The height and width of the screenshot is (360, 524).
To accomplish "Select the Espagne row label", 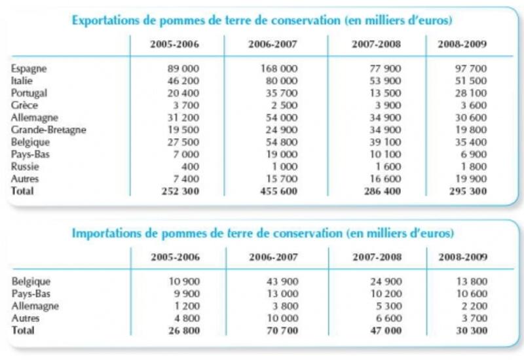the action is (29, 69).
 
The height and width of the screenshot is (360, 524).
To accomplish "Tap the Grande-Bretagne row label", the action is (48, 130).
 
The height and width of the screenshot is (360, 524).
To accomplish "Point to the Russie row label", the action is (25, 166).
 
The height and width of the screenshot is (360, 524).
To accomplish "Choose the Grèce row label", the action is (24, 105).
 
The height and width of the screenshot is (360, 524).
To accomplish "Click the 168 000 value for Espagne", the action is (279, 69).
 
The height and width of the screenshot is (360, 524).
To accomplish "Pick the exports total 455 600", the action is (279, 191).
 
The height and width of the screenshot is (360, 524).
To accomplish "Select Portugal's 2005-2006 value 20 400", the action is (183, 93).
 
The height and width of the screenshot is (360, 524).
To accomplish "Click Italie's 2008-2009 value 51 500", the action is (471, 81).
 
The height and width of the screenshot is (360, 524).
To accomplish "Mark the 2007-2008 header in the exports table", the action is (376, 44).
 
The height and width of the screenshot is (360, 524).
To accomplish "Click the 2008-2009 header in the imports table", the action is (463, 257).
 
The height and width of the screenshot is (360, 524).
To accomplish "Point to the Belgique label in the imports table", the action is (31, 281).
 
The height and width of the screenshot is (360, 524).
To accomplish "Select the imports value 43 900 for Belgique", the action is (282, 281).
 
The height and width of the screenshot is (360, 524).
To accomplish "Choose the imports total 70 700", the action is (282, 331).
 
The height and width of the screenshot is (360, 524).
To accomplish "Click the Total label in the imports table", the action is (23, 331).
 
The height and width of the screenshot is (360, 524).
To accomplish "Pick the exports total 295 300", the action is (468, 191).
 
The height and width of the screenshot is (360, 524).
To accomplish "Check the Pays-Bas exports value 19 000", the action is (282, 154).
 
